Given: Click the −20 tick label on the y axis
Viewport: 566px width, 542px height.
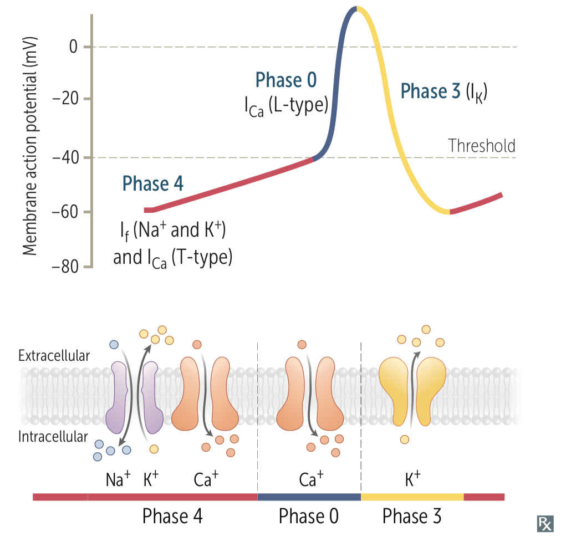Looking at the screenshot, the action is [x=65, y=98].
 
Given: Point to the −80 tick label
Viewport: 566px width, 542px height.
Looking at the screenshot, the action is [x=65, y=267].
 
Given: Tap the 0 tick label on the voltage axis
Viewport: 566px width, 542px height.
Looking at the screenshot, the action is [x=73, y=47].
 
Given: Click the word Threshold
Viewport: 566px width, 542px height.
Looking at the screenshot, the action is [x=482, y=146].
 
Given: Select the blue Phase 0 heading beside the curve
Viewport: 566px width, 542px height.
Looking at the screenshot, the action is [x=286, y=80].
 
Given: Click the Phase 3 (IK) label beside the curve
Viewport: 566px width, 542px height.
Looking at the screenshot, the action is [x=444, y=91].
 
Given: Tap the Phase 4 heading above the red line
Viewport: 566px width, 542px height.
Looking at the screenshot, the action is [x=152, y=183].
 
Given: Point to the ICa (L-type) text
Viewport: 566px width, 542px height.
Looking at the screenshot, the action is [x=286, y=106].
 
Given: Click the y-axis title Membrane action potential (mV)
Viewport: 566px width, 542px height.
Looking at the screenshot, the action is [x=29, y=146].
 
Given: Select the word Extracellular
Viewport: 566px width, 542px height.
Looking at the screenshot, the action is [x=54, y=356].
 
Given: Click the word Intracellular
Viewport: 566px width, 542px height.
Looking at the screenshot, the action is [x=53, y=437].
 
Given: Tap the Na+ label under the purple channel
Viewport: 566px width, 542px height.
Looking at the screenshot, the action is [x=118, y=479].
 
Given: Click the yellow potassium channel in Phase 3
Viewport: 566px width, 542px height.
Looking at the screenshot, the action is [x=412, y=391].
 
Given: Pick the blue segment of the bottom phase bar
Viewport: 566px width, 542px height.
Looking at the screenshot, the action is [x=309, y=497].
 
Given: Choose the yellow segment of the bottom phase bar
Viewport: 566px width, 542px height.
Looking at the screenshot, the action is [x=412, y=497].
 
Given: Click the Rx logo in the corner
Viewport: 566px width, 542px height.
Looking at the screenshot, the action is [x=545, y=524].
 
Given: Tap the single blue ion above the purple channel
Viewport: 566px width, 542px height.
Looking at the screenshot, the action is [x=114, y=345].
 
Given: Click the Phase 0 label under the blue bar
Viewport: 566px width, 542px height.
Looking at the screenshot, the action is [x=309, y=516].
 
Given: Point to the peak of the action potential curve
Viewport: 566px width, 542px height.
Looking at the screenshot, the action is [x=356, y=7].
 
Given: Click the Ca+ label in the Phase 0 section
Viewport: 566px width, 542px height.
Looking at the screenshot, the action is [x=311, y=479].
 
